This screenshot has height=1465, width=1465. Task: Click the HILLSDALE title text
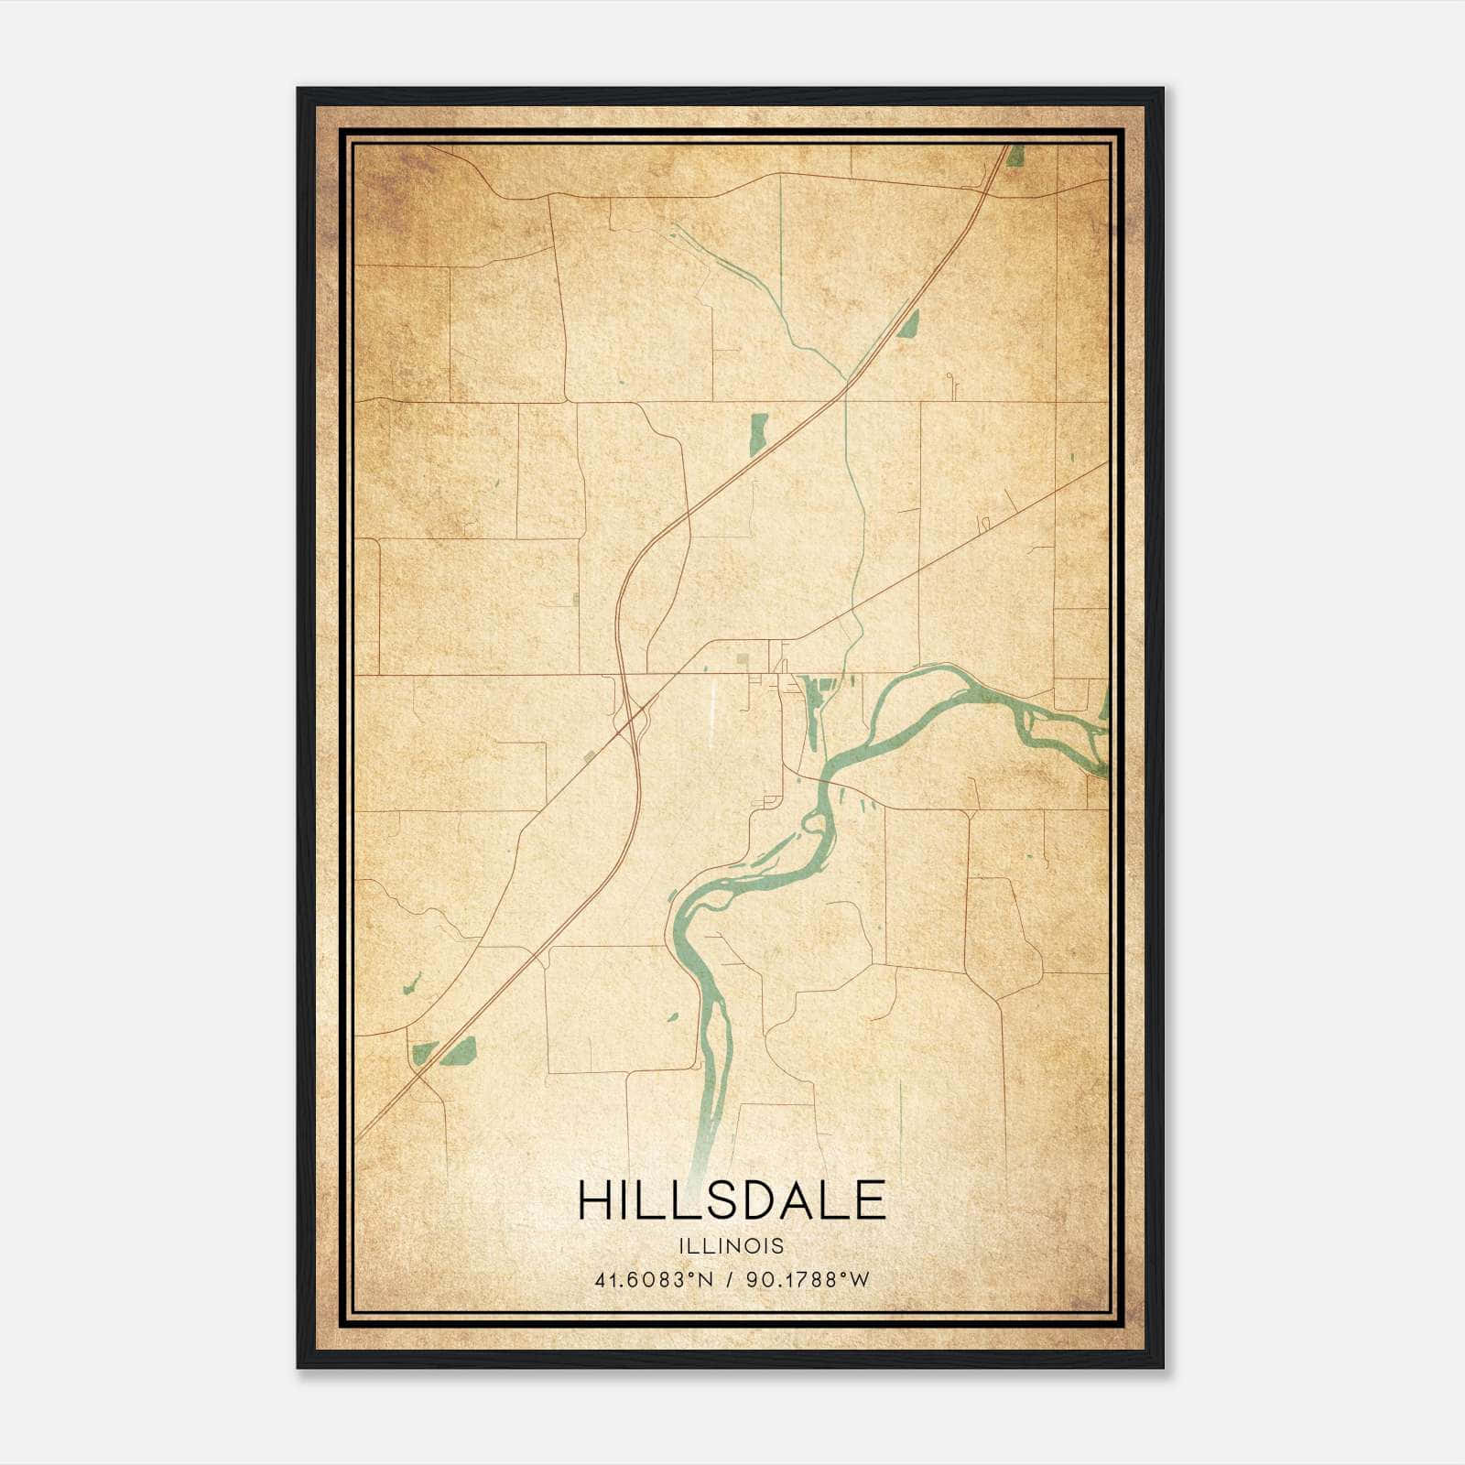click(732, 1200)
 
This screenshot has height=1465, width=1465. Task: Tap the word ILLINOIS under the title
click(732, 1246)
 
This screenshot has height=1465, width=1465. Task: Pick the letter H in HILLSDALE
click(597, 1200)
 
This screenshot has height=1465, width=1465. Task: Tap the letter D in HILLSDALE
click(760, 1200)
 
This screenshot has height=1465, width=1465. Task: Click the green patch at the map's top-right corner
click(1015, 157)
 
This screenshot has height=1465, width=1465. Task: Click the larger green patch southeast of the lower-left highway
click(458, 1052)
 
